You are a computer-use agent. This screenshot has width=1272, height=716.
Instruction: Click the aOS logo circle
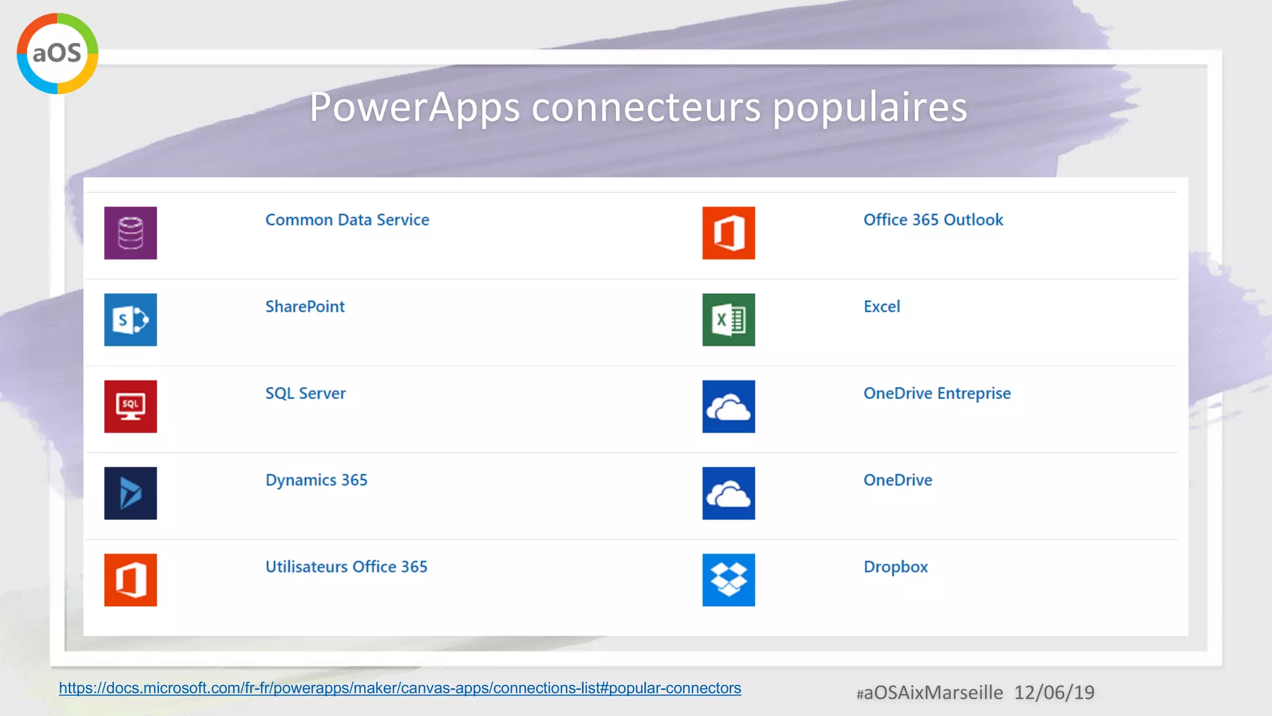coord(57,53)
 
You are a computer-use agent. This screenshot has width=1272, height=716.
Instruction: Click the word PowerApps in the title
coord(414,107)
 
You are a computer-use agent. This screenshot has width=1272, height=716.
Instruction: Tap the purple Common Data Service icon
coord(130,233)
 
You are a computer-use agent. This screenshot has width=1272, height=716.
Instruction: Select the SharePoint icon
coord(130,319)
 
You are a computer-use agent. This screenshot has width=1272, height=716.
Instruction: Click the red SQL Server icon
coord(130,406)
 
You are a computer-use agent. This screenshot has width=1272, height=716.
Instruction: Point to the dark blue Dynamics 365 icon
coord(130,493)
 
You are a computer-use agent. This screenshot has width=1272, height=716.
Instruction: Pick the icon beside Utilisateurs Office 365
coord(130,580)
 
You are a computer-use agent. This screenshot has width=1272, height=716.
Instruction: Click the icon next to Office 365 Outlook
coord(729,233)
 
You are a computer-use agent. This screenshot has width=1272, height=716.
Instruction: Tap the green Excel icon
coord(729,319)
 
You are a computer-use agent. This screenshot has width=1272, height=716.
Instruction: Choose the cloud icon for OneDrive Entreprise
coord(729,406)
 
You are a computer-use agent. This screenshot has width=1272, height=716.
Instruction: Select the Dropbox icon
coord(729,580)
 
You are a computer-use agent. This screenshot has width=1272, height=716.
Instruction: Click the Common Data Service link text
coord(347,220)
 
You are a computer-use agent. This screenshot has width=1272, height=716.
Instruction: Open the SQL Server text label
coord(306,393)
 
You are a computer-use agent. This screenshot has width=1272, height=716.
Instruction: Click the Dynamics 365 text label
coord(316,480)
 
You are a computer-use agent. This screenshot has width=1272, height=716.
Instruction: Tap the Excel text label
coord(881,306)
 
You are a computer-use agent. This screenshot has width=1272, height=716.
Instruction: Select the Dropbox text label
coord(896,567)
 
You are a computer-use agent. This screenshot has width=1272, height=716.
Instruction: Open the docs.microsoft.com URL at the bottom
coord(400,688)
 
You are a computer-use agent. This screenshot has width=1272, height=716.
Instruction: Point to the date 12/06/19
coord(1054,692)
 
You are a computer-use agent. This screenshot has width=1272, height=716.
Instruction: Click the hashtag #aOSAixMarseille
coord(930,693)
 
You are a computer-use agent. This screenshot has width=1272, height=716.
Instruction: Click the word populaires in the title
coord(870,108)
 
